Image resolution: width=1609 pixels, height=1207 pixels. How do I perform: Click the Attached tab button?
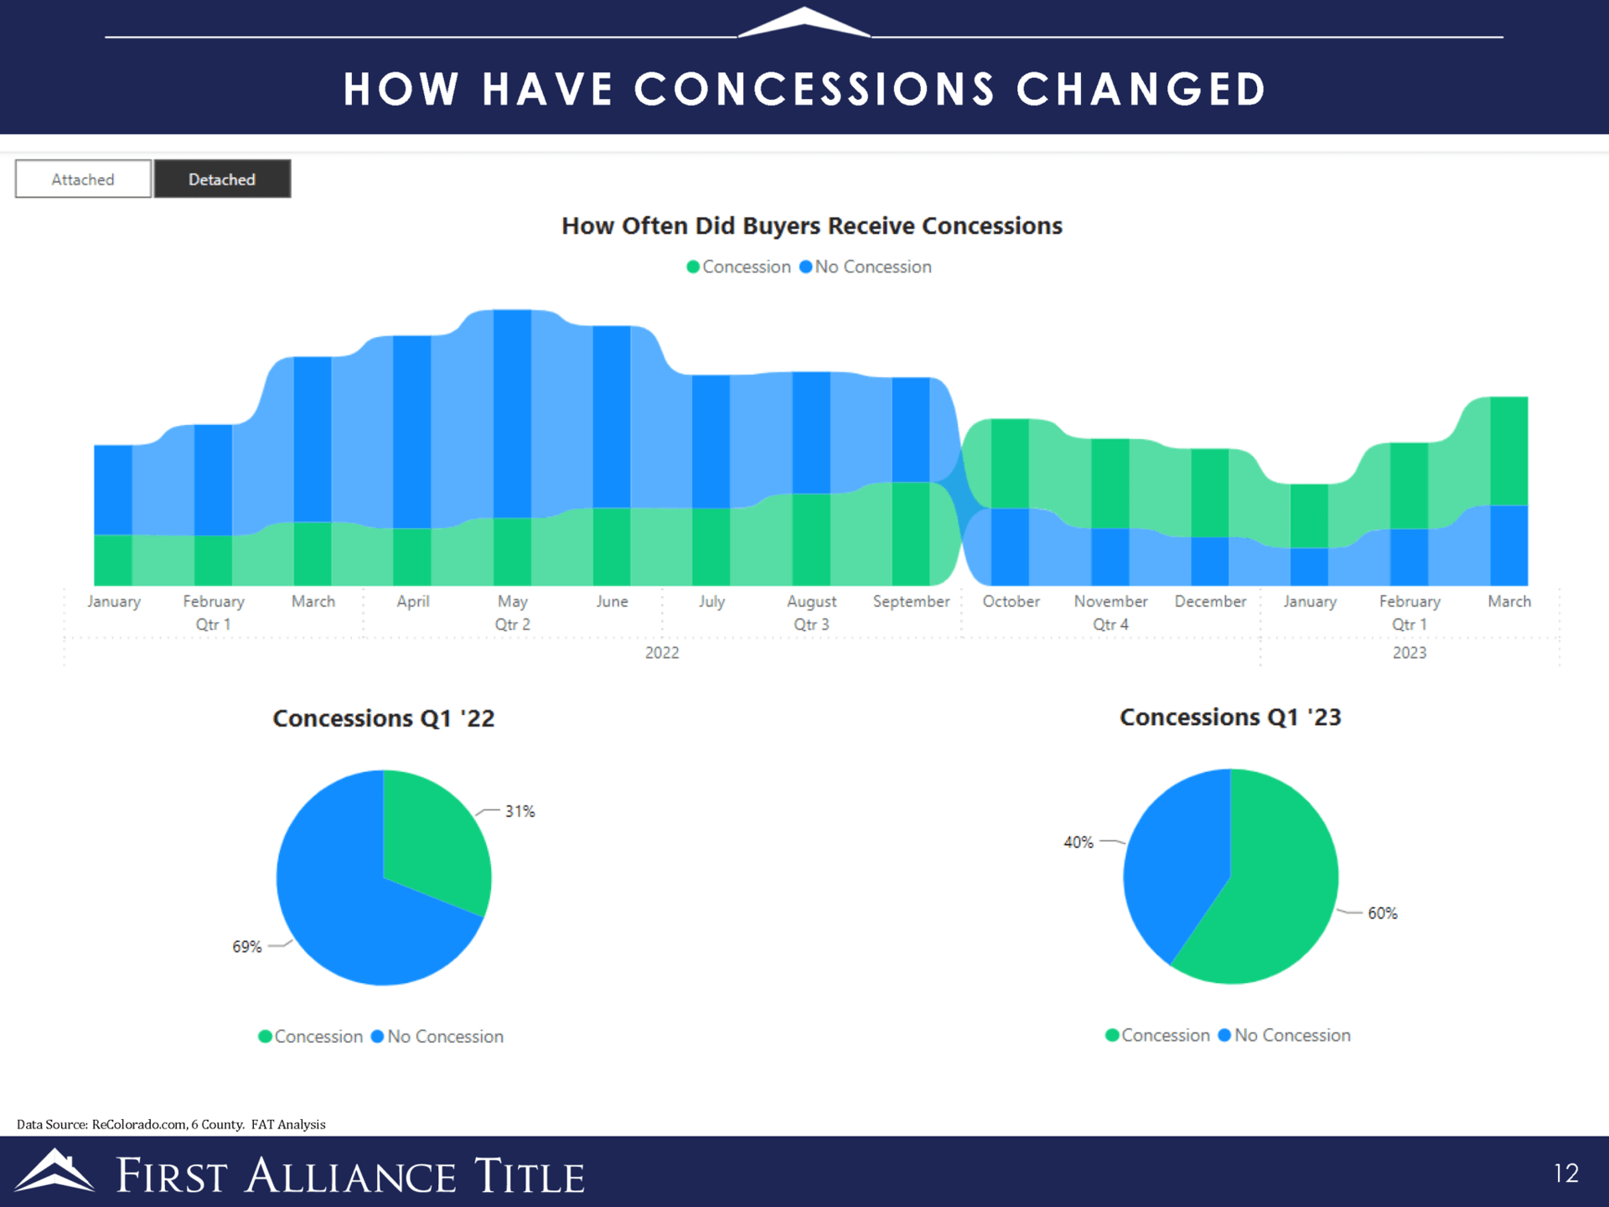pos(83,179)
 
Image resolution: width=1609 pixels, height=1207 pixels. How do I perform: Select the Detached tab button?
pos(222,179)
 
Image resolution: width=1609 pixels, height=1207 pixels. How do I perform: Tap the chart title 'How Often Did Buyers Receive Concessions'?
pos(811,226)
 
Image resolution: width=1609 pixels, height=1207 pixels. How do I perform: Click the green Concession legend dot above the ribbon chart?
pos(693,267)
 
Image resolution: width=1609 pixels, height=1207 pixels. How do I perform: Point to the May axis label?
pos(512,602)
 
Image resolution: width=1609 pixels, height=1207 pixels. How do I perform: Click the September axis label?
pos(911,602)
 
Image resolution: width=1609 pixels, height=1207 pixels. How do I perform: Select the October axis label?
pos(1011,602)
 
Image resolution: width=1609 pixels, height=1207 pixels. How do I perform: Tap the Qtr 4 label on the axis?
pos(1110,624)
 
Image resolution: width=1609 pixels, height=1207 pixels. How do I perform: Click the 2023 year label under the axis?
pos(1409,653)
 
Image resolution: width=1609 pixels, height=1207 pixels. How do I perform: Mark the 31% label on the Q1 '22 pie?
pos(520,811)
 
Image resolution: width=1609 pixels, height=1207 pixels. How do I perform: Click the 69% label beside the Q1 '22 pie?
pos(247,947)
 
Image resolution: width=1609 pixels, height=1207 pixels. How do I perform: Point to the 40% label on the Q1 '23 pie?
pos(1079,842)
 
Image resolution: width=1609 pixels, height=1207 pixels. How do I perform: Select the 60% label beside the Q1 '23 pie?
pos(1382,914)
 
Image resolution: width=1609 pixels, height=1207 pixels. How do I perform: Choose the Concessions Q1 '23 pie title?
pos(1230,717)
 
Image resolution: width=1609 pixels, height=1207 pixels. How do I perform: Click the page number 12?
pos(1565,1173)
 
